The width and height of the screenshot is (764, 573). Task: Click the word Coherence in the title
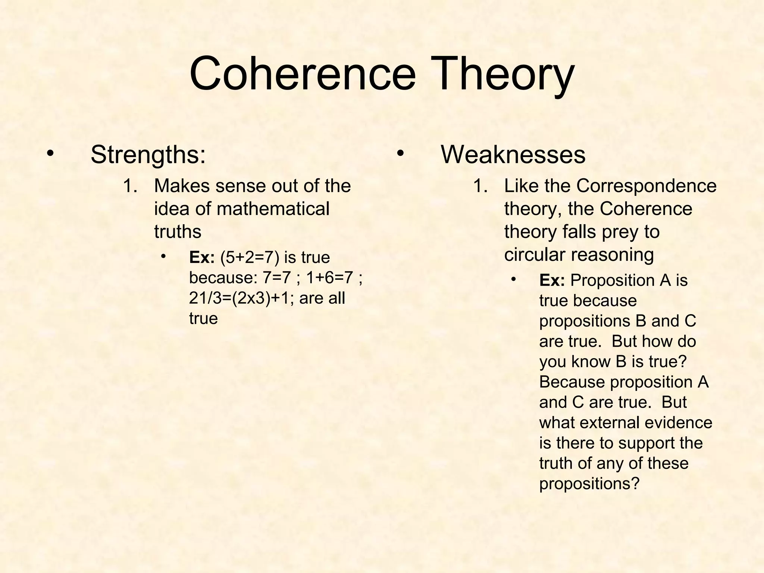(303, 73)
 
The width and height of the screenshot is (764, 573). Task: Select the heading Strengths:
(148, 154)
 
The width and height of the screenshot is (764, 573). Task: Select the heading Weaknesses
(513, 154)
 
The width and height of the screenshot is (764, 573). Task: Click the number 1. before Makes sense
(130, 186)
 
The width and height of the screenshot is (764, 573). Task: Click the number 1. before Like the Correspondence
(480, 186)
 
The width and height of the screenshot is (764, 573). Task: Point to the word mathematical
(273, 209)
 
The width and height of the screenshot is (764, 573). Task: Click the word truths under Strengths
(178, 232)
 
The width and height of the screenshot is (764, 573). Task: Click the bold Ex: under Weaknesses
(552, 280)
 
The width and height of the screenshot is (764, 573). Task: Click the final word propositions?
(589, 483)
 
